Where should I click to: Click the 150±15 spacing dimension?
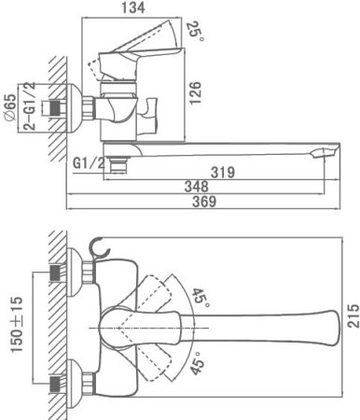click(16, 324)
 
